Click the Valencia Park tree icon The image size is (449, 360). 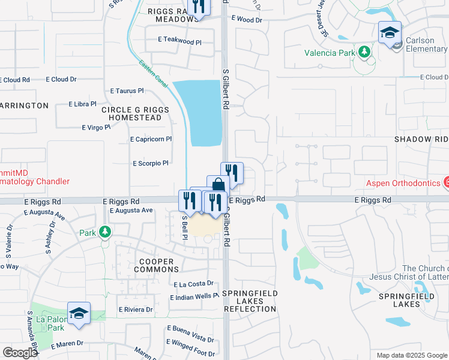click(363, 53)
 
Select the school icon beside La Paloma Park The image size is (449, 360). click(79, 313)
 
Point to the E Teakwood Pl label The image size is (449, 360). click(179, 39)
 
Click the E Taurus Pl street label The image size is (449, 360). click(127, 91)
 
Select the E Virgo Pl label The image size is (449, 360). click(96, 127)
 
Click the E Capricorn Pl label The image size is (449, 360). click(151, 139)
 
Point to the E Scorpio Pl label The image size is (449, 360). click(150, 163)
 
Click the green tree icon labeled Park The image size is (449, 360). click(105, 232)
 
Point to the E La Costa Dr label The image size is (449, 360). click(193, 284)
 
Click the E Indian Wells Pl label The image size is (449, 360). click(194, 296)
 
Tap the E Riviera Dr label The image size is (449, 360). click(136, 310)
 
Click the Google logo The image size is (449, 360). click(20, 353)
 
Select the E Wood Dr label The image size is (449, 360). click(246, 20)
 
